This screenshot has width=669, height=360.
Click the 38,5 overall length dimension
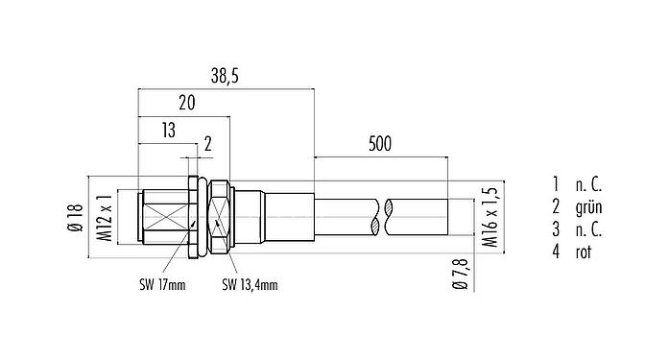pyautogui.click(x=226, y=74)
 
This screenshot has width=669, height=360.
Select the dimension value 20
pyautogui.click(x=186, y=102)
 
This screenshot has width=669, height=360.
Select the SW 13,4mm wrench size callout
pyautogui.click(x=250, y=284)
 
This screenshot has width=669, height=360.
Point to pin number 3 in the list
pyautogui.click(x=555, y=229)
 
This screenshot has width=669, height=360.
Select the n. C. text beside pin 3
pyautogui.click(x=589, y=229)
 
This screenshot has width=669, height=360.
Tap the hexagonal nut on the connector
pyautogui.click(x=219, y=218)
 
